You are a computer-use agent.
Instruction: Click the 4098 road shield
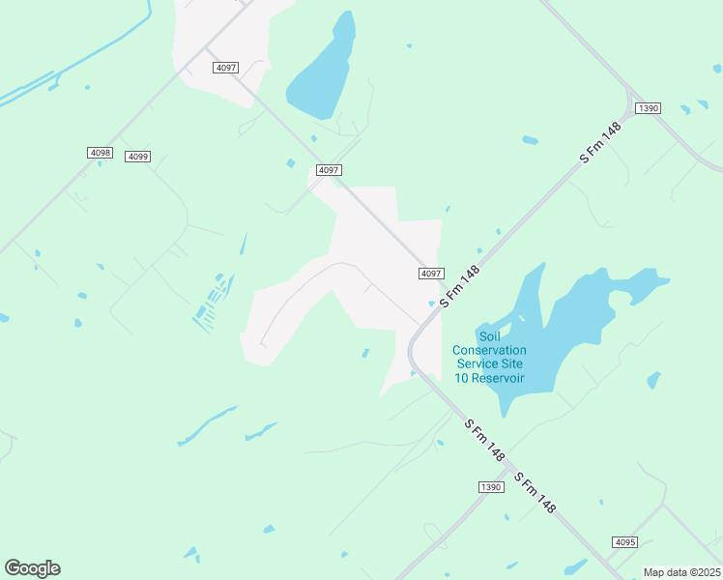coord(100,153)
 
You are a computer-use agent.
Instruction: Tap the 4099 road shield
coord(137,157)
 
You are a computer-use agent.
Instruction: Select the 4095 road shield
coord(624,542)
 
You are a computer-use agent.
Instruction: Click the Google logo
coord(32,568)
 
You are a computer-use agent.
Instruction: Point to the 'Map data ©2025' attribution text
coord(681,572)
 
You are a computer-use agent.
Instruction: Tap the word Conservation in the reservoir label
coord(489,350)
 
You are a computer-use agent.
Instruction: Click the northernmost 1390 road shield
coord(648,108)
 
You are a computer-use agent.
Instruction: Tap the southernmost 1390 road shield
coord(491,487)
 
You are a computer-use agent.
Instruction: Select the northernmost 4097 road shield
coord(226,67)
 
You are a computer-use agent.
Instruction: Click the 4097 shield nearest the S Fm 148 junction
coord(431,274)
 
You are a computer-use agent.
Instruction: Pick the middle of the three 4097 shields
coord(329,170)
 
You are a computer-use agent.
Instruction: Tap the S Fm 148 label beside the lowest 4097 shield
coord(460,287)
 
